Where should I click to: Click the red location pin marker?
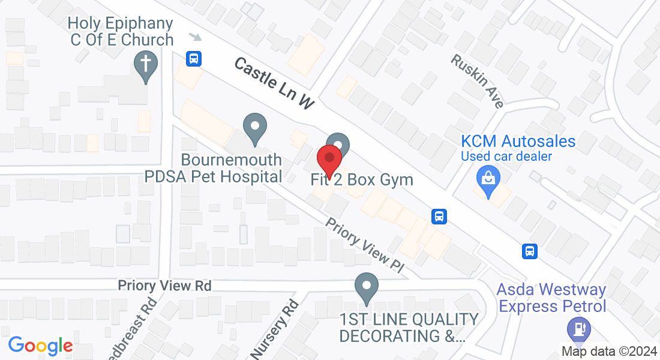[329, 158]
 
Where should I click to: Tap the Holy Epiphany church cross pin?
[145, 63]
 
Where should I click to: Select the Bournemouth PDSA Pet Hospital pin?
[255, 127]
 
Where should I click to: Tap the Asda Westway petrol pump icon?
[579, 329]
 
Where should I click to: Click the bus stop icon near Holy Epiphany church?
[194, 59]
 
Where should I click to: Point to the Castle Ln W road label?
[274, 83]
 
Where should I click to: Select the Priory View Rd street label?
[164, 286]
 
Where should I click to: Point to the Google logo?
[40, 346]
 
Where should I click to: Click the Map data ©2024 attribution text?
[608, 352]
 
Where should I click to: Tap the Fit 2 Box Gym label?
[362, 179]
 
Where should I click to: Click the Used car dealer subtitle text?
[506, 157]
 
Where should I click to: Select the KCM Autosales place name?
[518, 142]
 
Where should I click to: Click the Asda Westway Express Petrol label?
[551, 298]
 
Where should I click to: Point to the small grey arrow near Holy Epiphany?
[195, 37]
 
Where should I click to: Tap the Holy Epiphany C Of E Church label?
[120, 32]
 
